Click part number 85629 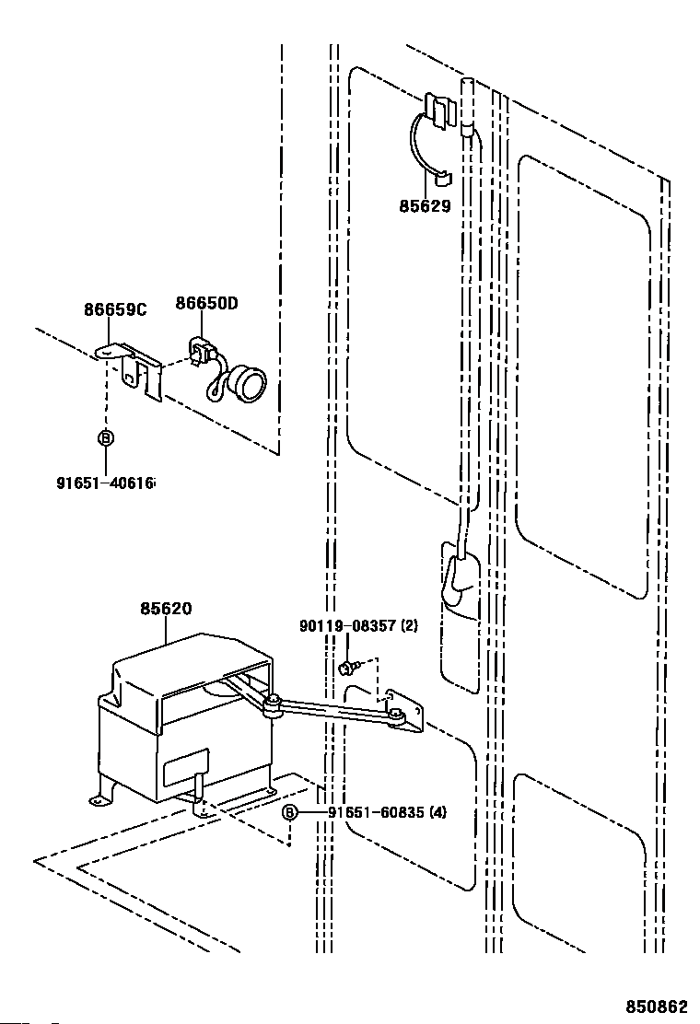pyautogui.click(x=425, y=206)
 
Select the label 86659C pyautogui.click(x=116, y=309)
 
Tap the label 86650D pyautogui.click(x=207, y=304)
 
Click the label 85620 pyautogui.click(x=167, y=608)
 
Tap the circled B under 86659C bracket pyautogui.click(x=105, y=438)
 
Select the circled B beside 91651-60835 pyautogui.click(x=290, y=812)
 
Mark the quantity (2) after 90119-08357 pyautogui.click(x=409, y=626)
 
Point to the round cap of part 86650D pyautogui.click(x=246, y=380)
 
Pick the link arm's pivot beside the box pyautogui.click(x=274, y=706)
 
